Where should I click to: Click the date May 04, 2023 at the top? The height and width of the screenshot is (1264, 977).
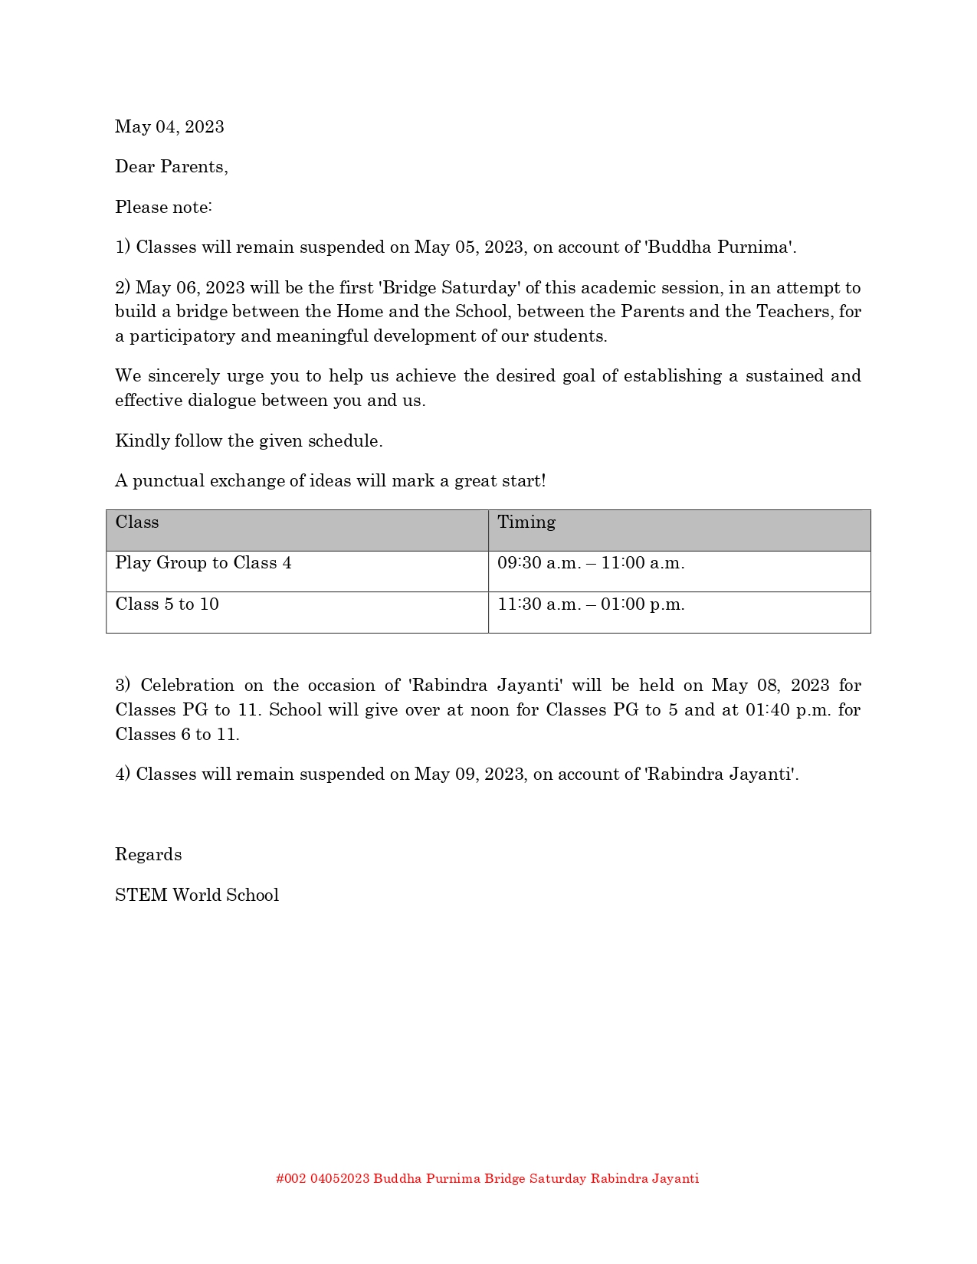tap(169, 127)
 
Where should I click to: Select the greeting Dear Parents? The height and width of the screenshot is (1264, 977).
tap(171, 167)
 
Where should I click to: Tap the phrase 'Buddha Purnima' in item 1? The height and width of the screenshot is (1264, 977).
tap(720, 247)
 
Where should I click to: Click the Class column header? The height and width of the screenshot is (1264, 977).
tap(137, 522)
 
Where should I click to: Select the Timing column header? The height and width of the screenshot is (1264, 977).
tap(526, 522)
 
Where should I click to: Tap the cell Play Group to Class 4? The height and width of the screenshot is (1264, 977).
tap(203, 563)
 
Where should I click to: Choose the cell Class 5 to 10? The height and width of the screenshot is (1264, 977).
tap(167, 604)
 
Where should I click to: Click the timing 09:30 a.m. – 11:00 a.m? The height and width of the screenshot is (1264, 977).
tap(591, 563)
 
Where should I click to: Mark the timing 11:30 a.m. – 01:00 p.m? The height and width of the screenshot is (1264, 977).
tap(591, 604)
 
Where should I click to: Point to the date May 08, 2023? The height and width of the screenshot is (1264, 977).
tap(770, 686)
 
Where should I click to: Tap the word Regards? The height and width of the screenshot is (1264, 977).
tap(148, 855)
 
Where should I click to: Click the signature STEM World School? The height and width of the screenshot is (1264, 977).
tap(197, 896)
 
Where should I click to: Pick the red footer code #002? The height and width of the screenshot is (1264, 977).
tap(291, 1179)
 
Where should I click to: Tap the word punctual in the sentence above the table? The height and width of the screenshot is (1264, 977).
tap(169, 481)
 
